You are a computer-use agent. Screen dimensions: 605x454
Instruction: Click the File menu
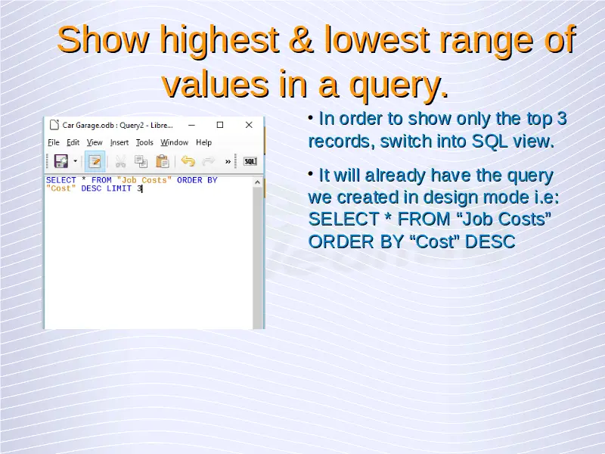(x=54, y=142)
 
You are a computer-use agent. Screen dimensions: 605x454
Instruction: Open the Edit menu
(x=73, y=142)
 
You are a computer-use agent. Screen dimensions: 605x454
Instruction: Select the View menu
(x=95, y=142)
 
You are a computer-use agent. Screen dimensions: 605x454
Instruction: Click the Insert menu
(x=119, y=142)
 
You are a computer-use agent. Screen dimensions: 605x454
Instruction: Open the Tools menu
(x=144, y=142)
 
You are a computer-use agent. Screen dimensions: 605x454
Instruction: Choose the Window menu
(x=175, y=142)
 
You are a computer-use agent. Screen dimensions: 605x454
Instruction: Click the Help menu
(x=203, y=142)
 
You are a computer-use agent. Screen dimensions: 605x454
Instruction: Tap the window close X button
(x=249, y=125)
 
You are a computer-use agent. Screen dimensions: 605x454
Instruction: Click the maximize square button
(x=220, y=125)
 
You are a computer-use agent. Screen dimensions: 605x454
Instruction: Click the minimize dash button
(x=191, y=125)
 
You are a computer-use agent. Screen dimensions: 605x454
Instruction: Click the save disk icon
(x=61, y=161)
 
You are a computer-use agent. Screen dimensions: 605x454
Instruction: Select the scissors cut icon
(x=120, y=161)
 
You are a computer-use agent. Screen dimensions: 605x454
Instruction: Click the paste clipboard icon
(x=163, y=161)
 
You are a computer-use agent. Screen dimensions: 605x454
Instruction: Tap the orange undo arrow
(x=188, y=161)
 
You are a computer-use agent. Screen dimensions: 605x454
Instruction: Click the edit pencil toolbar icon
(x=95, y=161)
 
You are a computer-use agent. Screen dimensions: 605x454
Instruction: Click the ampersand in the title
(x=300, y=39)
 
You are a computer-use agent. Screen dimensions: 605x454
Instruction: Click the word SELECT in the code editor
(x=61, y=180)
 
